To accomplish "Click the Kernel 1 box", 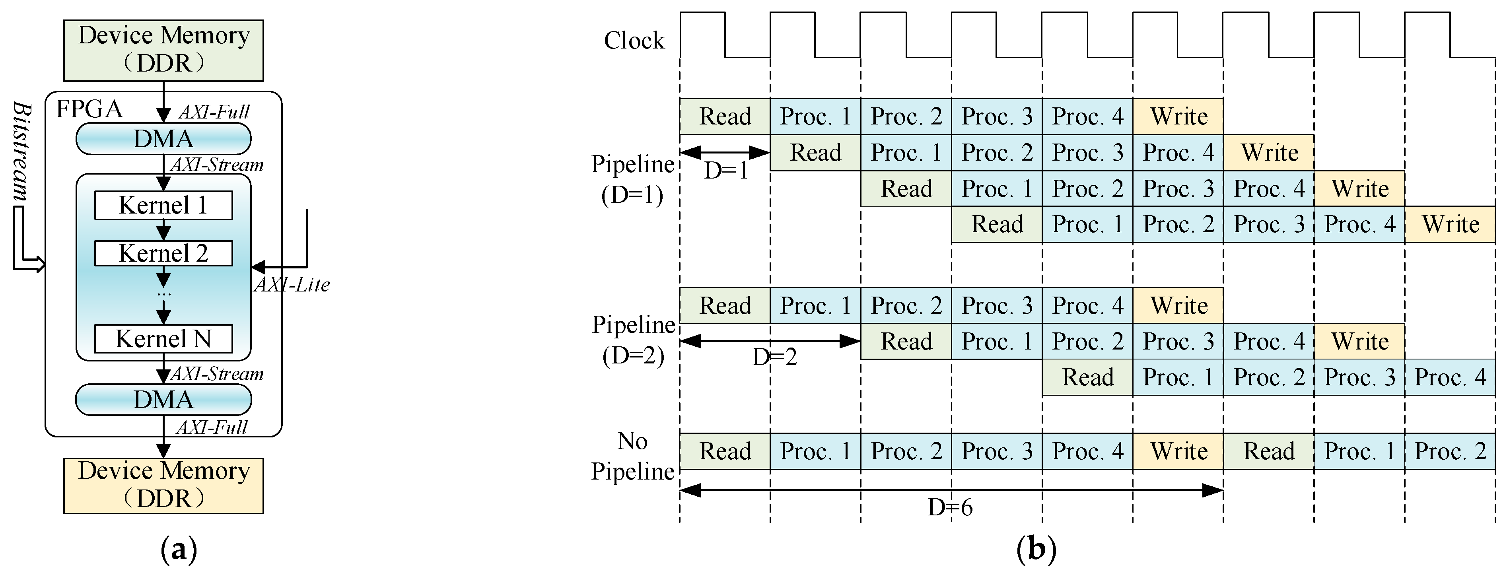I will [163, 205].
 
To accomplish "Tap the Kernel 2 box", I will [163, 253].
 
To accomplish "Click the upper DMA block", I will [163, 138].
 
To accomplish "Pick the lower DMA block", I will [163, 399].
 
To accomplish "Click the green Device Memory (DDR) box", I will [163, 50].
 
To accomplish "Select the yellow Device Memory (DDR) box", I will [163, 485].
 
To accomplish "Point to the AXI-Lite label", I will [292, 285].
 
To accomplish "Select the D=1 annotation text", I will [726, 171].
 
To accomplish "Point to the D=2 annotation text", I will [774, 357].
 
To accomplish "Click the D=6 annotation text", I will [950, 507].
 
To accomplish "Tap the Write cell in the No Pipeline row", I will [1178, 451].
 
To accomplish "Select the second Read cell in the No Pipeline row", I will [1269, 451].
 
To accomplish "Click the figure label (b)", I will [1036, 550].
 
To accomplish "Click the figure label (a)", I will [179, 550].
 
